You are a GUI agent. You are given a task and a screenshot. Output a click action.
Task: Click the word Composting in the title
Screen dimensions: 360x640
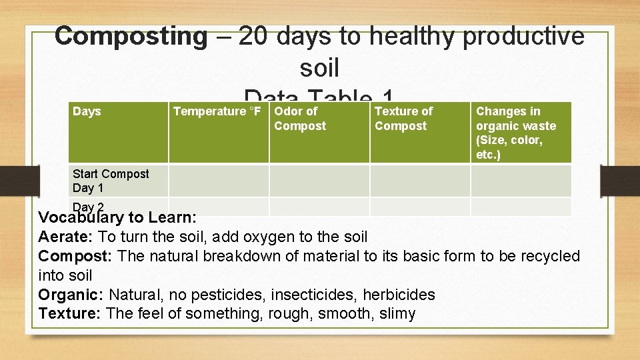131,37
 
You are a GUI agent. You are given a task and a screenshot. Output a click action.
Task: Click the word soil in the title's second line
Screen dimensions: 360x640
319,67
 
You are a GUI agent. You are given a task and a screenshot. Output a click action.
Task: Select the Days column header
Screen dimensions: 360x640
87,111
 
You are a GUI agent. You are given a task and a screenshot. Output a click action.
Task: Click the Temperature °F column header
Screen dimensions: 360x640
217,111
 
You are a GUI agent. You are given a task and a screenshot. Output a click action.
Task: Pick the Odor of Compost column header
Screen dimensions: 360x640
300,119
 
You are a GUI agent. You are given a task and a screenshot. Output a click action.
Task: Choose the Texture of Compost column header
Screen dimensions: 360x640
403,119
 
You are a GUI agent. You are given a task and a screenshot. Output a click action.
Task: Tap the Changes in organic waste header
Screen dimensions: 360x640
516,133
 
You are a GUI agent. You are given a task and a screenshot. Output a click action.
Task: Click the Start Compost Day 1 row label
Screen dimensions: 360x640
111,181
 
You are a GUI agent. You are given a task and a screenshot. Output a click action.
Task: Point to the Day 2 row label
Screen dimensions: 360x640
88,207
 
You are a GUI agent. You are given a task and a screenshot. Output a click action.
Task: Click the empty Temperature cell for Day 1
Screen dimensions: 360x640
218,181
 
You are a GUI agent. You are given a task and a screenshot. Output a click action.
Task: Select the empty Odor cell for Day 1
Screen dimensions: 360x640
319,181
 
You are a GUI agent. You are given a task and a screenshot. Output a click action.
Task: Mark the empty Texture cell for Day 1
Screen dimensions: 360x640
420,181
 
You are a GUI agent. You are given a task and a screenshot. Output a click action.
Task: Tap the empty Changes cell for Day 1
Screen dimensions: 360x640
521,181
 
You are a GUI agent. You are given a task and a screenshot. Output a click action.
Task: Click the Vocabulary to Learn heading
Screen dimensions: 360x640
117,217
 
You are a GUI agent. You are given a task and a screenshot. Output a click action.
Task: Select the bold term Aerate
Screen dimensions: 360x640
65,237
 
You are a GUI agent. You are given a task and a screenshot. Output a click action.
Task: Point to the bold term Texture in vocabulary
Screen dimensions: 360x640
67,314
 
